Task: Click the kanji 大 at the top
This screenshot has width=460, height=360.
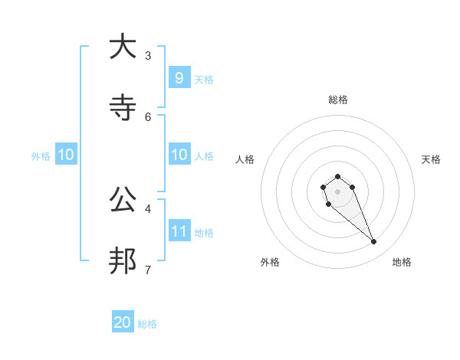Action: (122, 47)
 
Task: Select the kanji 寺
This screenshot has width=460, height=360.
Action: (122, 109)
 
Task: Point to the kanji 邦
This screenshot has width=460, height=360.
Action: (122, 261)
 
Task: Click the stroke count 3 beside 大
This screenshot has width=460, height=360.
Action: (148, 55)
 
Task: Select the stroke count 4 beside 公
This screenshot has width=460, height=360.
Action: (148, 208)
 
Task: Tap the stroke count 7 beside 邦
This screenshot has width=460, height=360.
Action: (148, 269)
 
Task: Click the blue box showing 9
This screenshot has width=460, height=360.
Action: (179, 78)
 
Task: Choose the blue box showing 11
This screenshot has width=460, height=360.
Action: (179, 231)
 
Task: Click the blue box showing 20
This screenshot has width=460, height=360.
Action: (123, 322)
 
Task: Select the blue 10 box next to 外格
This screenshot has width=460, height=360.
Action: (66, 155)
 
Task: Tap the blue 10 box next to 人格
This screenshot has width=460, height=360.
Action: (179, 155)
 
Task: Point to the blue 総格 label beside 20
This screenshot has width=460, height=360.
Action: (147, 324)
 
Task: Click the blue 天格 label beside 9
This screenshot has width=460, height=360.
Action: (204, 80)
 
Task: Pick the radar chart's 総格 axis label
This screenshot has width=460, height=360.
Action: (337, 100)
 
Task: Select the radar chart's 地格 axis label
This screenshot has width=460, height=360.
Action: (402, 262)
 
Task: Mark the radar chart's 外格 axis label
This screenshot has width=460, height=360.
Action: (270, 262)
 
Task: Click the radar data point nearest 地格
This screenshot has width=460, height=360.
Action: (374, 242)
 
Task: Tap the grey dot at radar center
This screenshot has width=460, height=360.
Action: (337, 191)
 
